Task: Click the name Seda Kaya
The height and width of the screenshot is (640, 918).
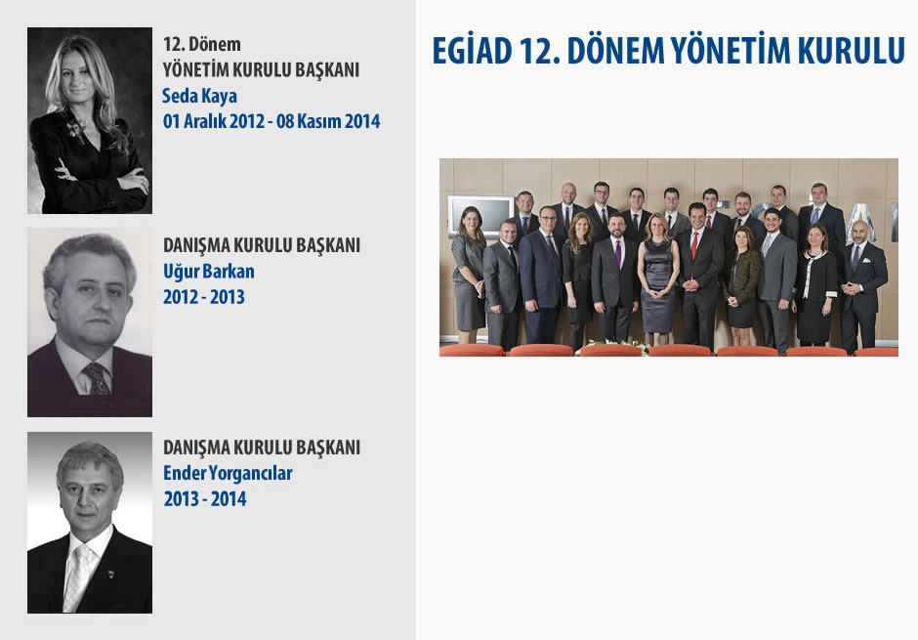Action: tap(199, 96)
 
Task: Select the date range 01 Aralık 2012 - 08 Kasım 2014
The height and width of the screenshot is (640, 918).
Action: tap(271, 120)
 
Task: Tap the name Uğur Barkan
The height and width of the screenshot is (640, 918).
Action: tap(209, 271)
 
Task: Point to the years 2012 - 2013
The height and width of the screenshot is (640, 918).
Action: tap(204, 297)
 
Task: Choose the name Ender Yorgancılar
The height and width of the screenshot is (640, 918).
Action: tap(228, 473)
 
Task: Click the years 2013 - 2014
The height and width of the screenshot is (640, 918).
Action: tap(205, 499)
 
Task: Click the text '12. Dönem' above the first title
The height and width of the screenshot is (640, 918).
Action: tap(202, 44)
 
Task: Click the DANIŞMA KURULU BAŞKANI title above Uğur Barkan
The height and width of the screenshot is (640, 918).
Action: tap(262, 245)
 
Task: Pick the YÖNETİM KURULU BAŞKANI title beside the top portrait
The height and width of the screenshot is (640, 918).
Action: tap(261, 69)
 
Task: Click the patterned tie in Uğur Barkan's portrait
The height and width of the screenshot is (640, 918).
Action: tap(97, 378)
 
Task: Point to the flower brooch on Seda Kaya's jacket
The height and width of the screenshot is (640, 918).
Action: tap(74, 129)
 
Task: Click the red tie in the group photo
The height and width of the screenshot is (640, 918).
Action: tap(694, 245)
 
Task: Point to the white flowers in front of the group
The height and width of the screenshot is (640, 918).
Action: tap(611, 346)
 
